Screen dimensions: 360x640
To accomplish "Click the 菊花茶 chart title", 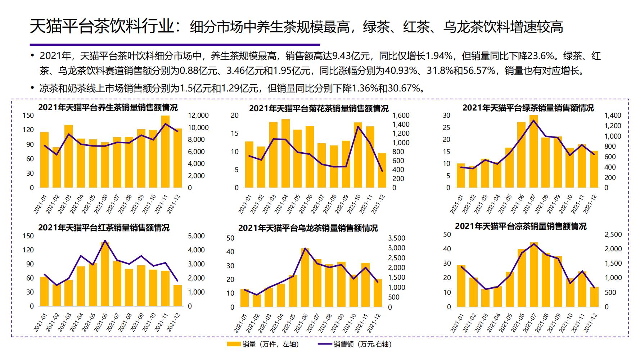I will coord(319,108).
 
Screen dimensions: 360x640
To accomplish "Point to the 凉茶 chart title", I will coord(520,226).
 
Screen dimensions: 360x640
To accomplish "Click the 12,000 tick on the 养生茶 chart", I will coord(198,116).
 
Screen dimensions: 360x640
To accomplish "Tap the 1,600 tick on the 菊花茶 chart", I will coord(401,116).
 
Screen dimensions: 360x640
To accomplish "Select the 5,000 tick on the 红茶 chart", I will coord(197,236).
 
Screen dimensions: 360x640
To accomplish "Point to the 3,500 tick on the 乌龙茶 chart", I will coord(397,238).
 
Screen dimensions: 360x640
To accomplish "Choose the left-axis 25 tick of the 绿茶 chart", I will coord(446,127).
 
